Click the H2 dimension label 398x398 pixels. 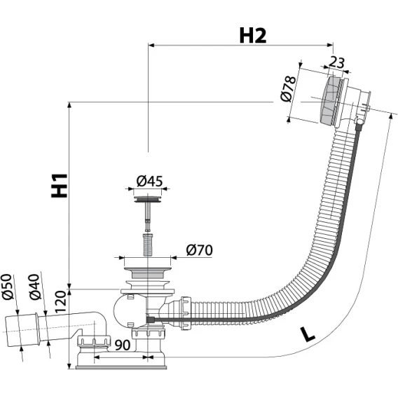pos(253,36)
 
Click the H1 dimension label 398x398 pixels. pos(60,186)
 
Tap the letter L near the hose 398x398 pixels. pos(308,334)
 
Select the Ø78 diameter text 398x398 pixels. pos(289,88)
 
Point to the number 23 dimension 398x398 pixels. pos(337,62)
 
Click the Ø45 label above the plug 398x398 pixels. pos(149,181)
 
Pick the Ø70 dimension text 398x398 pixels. pos(199,250)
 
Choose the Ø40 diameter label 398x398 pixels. pos(35,287)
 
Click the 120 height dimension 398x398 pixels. pos(60,301)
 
